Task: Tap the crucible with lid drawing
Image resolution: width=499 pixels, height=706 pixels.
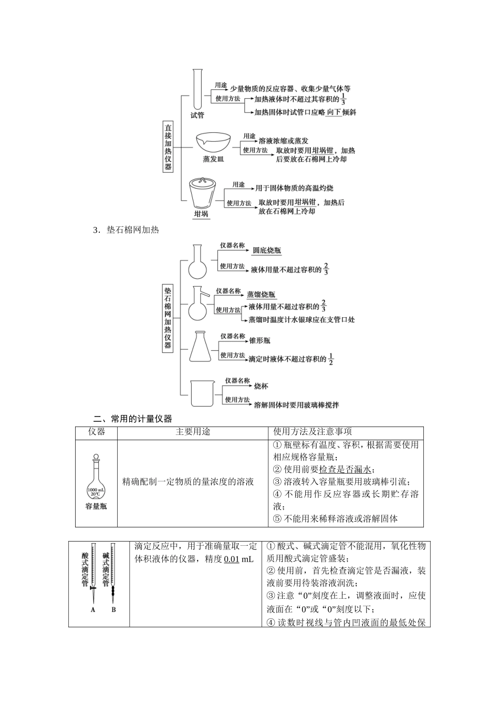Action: click(201, 193)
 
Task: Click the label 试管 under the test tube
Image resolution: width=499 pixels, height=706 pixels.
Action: click(197, 115)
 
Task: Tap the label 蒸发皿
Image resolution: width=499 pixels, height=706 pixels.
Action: click(213, 159)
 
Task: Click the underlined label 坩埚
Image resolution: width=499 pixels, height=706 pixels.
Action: click(201, 214)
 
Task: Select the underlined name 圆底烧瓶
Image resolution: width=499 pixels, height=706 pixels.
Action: click(266, 251)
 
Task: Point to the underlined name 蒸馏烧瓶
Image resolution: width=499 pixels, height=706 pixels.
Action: click(261, 295)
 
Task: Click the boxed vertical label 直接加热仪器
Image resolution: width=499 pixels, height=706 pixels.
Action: click(168, 147)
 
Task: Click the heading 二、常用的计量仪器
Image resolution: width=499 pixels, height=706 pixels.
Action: click(132, 419)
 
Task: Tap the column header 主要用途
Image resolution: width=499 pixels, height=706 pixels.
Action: click(193, 432)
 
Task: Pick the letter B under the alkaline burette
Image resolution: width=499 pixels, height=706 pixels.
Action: click(113, 610)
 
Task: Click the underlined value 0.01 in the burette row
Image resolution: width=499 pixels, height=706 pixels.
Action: click(231, 559)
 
